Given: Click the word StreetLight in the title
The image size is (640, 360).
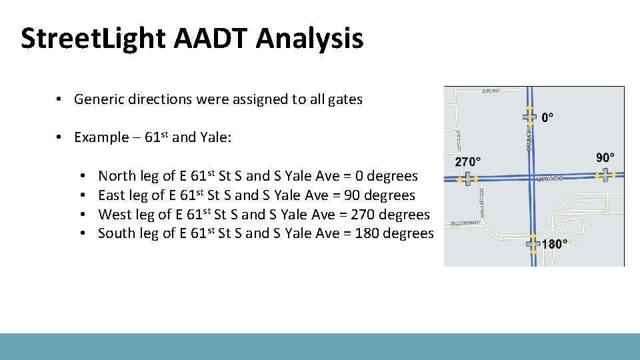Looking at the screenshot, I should click(94, 39).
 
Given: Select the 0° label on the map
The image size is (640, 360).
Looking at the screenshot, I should click(547, 118).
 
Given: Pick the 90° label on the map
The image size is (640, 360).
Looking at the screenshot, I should click(605, 158).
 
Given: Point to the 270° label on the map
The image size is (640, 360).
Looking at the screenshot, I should click(468, 162).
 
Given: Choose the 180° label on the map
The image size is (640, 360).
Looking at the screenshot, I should click(555, 244).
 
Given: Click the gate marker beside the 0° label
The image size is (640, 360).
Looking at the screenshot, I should click(529, 117).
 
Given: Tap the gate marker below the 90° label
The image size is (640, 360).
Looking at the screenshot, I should click(605, 175).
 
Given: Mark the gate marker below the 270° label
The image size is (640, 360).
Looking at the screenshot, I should click(468, 179).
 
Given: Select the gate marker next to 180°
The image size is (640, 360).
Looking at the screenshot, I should click(533, 244).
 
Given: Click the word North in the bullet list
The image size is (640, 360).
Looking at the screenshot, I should click(117, 177).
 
